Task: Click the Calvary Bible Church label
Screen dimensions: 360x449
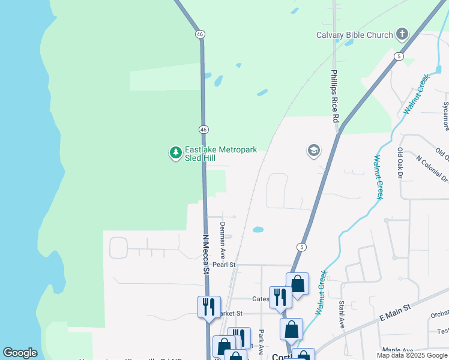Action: click(x=354, y=35)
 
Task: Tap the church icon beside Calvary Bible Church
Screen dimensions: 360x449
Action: click(x=402, y=34)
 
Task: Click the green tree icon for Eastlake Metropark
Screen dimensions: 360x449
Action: click(x=175, y=153)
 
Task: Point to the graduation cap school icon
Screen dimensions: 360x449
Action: click(x=313, y=151)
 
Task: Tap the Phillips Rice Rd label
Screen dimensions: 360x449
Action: click(x=335, y=97)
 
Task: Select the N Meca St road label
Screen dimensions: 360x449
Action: click(x=205, y=254)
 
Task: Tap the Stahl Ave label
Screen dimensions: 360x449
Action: click(x=341, y=314)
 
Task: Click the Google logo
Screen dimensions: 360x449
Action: click(x=20, y=353)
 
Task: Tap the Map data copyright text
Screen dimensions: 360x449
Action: click(x=412, y=355)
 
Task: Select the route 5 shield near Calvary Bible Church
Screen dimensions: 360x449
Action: click(x=399, y=56)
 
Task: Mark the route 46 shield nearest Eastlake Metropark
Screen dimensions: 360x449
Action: click(x=204, y=130)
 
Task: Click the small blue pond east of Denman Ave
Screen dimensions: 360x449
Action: click(x=258, y=229)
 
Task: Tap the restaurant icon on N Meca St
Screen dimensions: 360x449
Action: click(x=209, y=307)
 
